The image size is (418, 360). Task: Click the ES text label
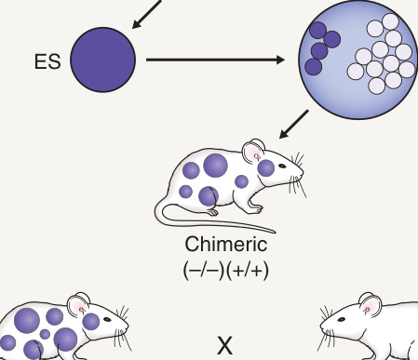coord(47,61)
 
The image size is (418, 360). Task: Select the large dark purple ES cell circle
coord(103,60)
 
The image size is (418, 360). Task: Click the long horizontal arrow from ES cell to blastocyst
coord(215,60)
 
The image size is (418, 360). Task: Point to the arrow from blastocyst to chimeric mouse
coord(294,125)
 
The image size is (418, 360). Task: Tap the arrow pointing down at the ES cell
coord(146,14)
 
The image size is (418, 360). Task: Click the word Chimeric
coord(226,244)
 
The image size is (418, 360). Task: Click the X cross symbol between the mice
coord(225,345)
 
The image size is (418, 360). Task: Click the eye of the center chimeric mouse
coord(282,166)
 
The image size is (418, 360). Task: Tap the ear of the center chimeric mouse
coord(253,152)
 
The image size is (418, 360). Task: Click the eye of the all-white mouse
coord(342,319)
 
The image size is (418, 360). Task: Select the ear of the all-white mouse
coord(370,305)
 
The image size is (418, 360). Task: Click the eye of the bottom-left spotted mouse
coord(107,319)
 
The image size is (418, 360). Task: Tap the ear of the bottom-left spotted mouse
coord(78,305)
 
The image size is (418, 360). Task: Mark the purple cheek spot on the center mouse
coord(266,167)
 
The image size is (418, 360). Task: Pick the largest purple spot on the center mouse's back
coord(215,166)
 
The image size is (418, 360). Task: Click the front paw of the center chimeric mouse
coord(257,210)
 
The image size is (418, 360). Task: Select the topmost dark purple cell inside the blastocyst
coord(318,30)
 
